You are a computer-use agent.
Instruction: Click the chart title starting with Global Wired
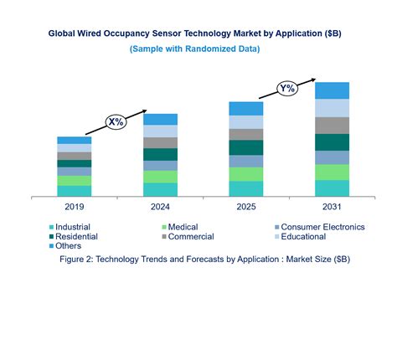[x=194, y=34]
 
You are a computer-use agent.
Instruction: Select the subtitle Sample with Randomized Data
[x=194, y=49]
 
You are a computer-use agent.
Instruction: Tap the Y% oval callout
[x=286, y=88]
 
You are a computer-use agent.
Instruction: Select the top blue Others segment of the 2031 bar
[x=332, y=90]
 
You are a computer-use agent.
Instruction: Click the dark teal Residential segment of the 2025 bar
[x=245, y=147]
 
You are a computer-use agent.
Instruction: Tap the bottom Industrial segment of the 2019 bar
[x=74, y=191]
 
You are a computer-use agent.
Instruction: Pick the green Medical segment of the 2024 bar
[x=159, y=177]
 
